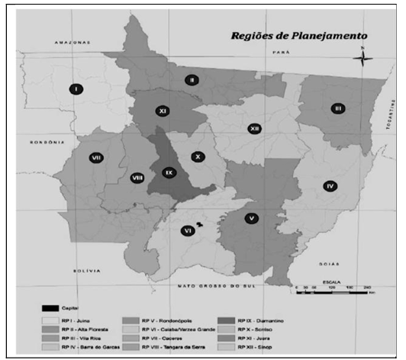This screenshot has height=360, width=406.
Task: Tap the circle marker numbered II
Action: click(192, 79)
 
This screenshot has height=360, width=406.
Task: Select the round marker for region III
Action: click(337, 108)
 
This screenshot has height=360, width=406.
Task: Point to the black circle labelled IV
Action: click(330, 186)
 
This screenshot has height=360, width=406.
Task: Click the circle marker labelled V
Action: click(251, 218)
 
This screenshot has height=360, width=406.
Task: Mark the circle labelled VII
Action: click(96, 158)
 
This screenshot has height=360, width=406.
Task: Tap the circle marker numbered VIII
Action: click(138, 178)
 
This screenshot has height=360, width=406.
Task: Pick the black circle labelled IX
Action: click(169, 173)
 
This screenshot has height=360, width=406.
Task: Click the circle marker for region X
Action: click(198, 156)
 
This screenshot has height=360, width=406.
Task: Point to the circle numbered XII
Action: click(254, 129)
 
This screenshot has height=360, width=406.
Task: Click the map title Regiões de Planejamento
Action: click(299, 35)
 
